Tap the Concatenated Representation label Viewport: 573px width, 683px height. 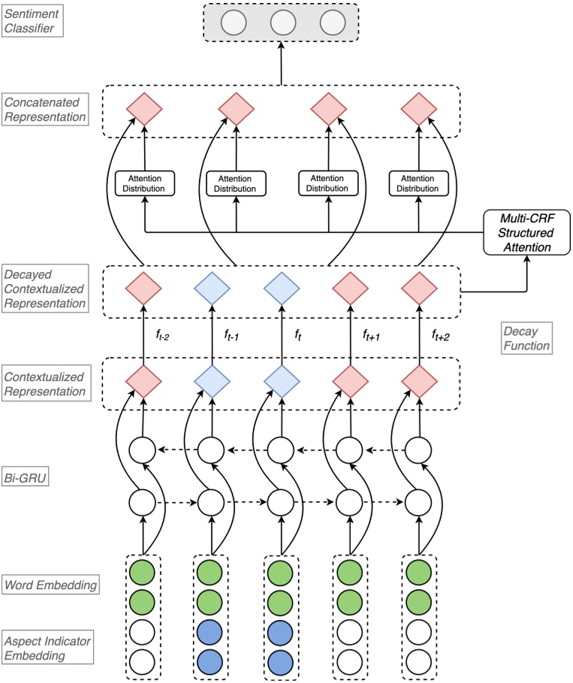click(x=44, y=108)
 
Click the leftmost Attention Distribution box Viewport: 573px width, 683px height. click(x=143, y=183)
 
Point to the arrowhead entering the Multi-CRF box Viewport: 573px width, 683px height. click(x=526, y=259)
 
